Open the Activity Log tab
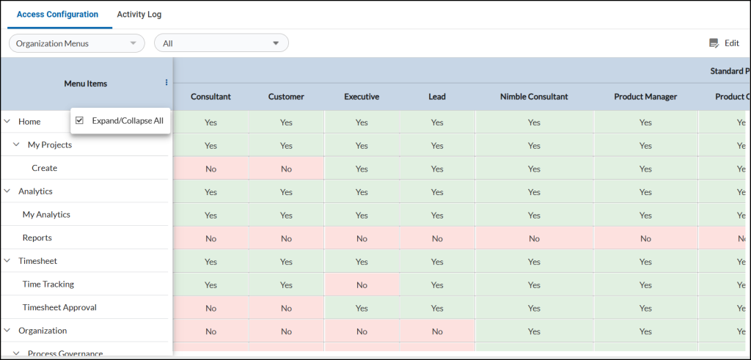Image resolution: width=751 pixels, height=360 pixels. coord(139,15)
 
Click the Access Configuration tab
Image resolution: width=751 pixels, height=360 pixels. coord(57,15)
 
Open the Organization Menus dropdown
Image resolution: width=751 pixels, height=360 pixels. coord(76,43)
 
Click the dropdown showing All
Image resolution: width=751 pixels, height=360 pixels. coord(221,43)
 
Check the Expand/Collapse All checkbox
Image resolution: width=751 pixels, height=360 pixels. coord(80,121)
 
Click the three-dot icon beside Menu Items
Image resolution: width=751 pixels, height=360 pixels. coord(166,83)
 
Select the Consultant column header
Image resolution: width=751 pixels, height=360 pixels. coord(210,97)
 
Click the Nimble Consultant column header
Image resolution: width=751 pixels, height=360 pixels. coord(534,97)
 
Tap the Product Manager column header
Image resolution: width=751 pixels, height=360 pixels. coord(645,97)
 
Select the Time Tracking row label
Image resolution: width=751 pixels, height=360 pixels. coord(48,284)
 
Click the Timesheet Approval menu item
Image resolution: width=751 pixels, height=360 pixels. coord(59,308)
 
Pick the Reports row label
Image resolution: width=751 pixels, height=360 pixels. coord(37,238)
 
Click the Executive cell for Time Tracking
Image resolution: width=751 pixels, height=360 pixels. coord(362,285)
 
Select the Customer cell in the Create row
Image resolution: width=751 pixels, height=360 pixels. coord(286,169)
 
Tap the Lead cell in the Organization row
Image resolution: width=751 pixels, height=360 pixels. coord(437,331)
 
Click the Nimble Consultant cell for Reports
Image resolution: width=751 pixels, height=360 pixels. coord(534,238)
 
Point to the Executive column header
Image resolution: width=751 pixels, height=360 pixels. coord(362,97)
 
